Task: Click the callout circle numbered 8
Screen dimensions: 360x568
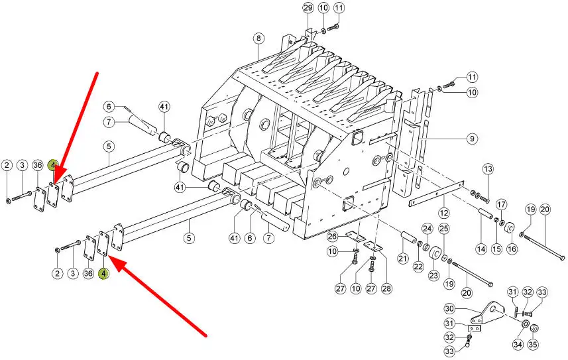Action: tap(258, 38)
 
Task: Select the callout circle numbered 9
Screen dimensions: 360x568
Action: tap(472, 139)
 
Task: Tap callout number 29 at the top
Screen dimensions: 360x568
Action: tap(308, 8)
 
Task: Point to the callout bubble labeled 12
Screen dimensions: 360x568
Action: tap(443, 213)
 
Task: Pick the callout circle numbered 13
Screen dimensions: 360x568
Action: tap(488, 170)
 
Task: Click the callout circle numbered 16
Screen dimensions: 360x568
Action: tap(512, 249)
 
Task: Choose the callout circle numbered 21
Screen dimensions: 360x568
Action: tap(402, 258)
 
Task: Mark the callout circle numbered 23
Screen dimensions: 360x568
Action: tap(433, 275)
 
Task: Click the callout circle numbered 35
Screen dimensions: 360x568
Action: tap(534, 344)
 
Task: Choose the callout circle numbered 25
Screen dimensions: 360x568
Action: tap(444, 229)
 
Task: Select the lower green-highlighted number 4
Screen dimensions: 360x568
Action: tap(104, 272)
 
